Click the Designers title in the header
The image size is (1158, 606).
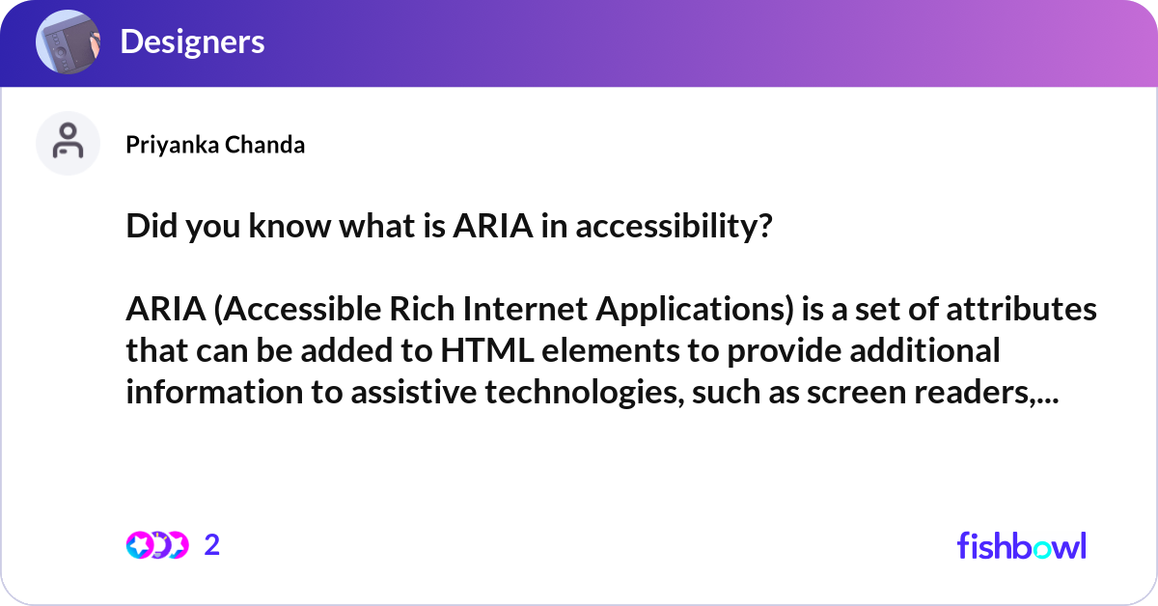click(x=192, y=41)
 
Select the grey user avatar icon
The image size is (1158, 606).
click(x=68, y=143)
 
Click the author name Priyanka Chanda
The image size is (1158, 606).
click(x=215, y=145)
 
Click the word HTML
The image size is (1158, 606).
click(x=485, y=350)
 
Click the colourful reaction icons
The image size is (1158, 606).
click(x=157, y=545)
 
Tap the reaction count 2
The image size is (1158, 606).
click(x=212, y=545)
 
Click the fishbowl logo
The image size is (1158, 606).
click(x=1021, y=545)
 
